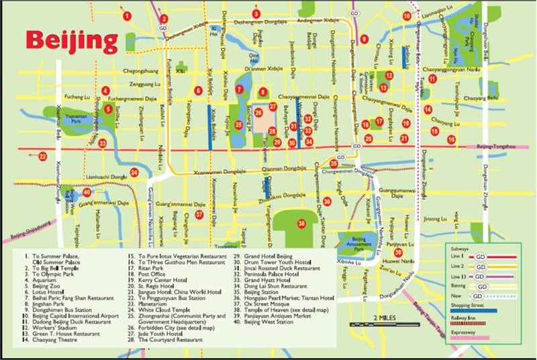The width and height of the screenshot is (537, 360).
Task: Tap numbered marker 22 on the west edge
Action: coord(42,156)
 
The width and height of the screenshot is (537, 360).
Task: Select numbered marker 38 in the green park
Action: coord(302,224)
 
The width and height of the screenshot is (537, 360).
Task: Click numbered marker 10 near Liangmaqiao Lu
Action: coord(406,16)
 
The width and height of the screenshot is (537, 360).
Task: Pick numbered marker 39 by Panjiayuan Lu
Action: coord(398,252)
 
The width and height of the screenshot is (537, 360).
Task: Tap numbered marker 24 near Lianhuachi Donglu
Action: coord(134,173)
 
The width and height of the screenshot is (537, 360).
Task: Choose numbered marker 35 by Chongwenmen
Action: coord(334,163)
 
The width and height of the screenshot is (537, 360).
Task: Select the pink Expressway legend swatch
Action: coord(489,340)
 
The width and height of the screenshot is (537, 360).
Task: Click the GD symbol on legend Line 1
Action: coord(479,257)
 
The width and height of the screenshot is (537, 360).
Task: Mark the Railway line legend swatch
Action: coord(489,326)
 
